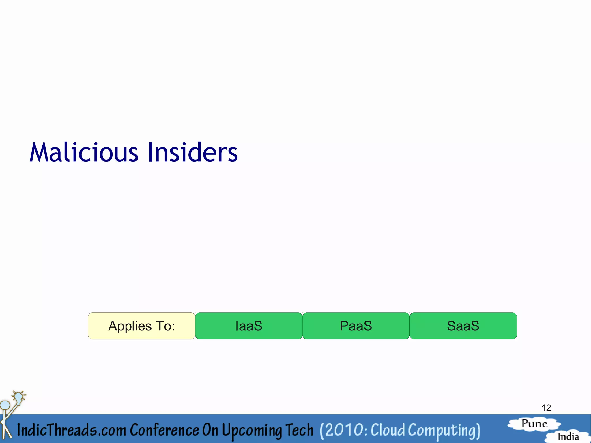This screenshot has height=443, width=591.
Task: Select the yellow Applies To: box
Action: pos(141,326)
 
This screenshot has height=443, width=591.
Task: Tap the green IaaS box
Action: pos(249,326)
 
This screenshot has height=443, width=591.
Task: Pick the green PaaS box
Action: pos(356,326)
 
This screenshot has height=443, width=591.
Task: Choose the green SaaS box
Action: pos(463,326)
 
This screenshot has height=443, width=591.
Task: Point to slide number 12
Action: pos(546,408)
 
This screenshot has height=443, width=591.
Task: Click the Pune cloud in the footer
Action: pos(534,424)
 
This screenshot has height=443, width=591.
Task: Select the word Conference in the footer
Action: pos(164,430)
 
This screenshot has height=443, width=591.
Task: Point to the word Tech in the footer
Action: pos(299,430)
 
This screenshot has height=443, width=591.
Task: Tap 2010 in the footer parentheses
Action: pos(343,430)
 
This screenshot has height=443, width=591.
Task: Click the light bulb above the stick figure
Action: pos(18,397)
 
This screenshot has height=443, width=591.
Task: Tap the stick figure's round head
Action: pos(5,405)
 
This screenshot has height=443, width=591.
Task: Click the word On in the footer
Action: pos(210,430)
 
